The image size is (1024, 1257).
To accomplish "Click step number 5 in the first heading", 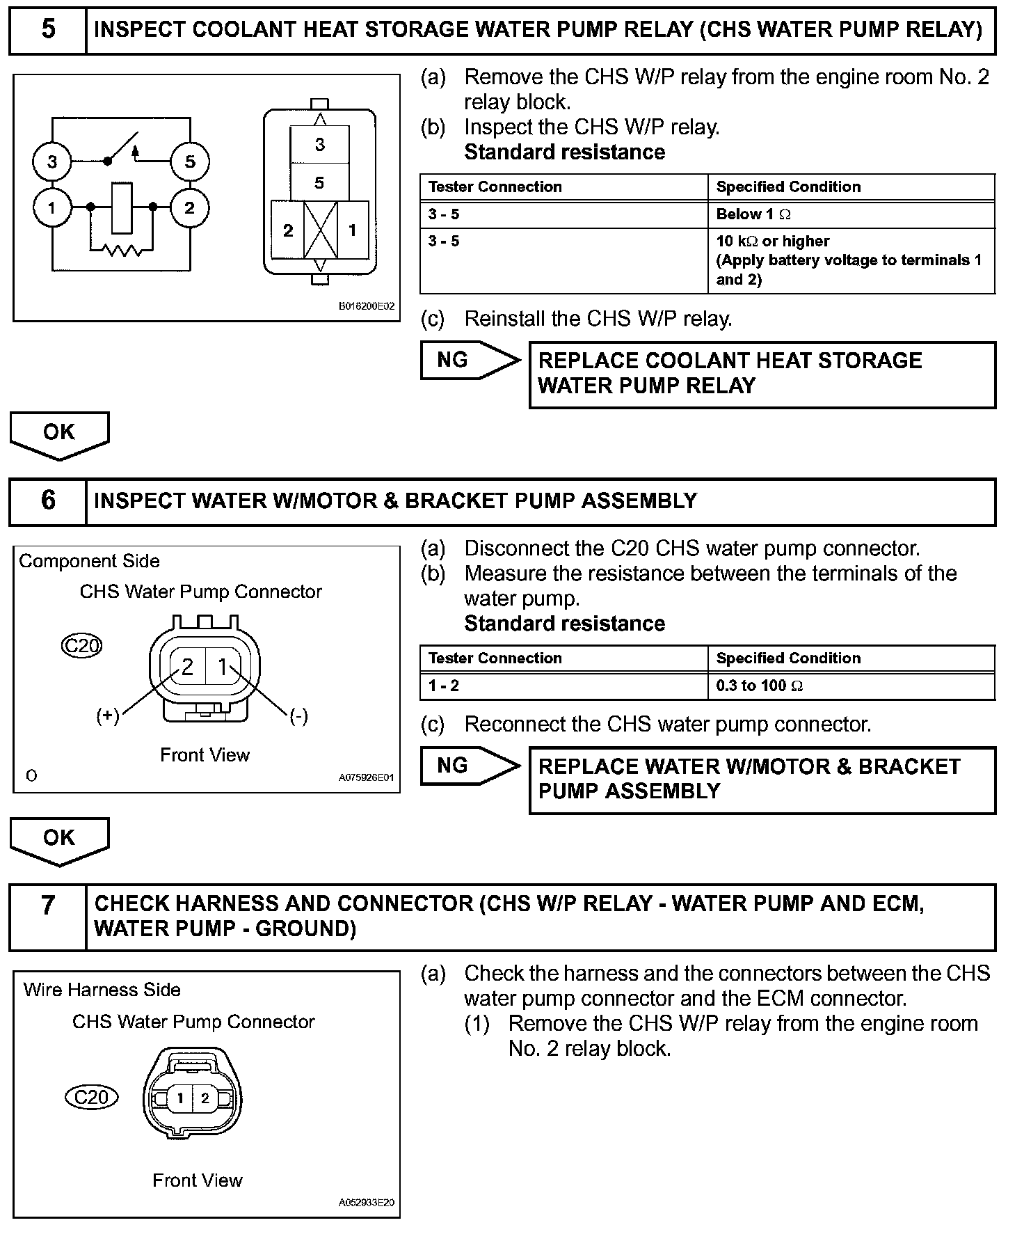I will click(x=48, y=29).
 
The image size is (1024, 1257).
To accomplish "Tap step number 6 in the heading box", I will click(x=48, y=500).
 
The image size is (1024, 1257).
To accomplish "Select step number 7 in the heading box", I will click(x=48, y=906).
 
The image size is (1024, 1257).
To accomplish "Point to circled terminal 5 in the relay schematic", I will click(x=190, y=162).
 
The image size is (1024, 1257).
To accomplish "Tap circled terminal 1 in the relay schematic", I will click(x=52, y=207).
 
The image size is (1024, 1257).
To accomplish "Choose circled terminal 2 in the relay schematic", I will click(x=189, y=207).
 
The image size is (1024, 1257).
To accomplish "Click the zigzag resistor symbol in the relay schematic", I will click(x=122, y=249).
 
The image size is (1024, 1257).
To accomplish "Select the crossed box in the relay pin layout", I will click(x=321, y=230).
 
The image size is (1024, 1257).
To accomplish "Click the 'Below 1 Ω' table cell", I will click(x=753, y=214).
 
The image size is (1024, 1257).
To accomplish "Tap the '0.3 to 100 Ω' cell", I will click(x=760, y=686).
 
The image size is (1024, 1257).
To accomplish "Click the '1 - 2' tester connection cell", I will click(x=444, y=686).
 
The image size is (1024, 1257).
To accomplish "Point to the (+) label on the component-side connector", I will click(x=108, y=716).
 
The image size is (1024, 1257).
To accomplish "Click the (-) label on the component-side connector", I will click(x=298, y=716).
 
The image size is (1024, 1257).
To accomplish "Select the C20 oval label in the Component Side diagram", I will click(x=81, y=646).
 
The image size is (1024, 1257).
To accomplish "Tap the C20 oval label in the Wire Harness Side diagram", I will click(x=92, y=1098).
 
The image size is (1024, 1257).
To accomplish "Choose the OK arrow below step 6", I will click(x=59, y=841).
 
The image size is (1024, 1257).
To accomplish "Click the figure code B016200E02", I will click(x=367, y=306).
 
